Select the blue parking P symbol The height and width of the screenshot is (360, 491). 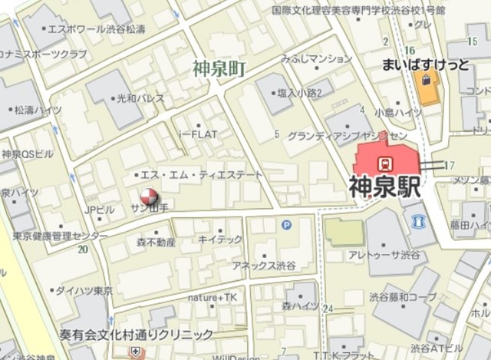(287, 225)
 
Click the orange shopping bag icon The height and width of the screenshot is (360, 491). (423, 79)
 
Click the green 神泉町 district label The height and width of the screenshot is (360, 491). (219, 69)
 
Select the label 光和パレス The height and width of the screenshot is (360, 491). (140, 100)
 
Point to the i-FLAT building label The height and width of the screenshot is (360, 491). (198, 134)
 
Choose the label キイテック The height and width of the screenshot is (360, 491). (220, 239)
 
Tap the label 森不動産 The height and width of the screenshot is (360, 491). (156, 243)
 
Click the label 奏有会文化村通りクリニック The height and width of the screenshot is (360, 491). (137, 335)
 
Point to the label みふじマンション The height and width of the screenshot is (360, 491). (316, 58)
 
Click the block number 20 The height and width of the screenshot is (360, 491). (82, 249)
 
